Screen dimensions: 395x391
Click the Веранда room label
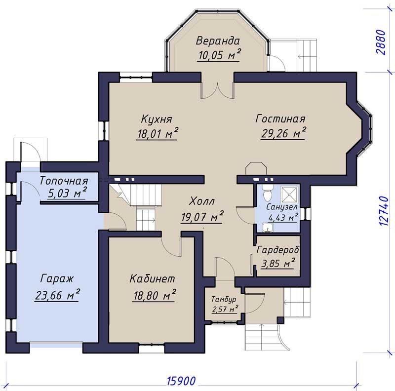[218, 41]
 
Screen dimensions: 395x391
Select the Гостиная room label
[280, 118]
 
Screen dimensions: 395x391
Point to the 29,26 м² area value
[283, 133]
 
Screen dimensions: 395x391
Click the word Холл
[202, 201]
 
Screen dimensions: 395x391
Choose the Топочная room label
[64, 181]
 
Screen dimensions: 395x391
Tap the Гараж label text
[57, 279]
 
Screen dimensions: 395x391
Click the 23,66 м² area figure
[57, 295]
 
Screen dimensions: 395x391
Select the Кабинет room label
[152, 278]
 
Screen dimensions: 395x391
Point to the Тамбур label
[224, 299]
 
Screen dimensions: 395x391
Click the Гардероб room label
[278, 250]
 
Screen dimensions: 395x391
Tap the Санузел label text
[282, 207]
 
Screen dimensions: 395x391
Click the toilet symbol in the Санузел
[267, 193]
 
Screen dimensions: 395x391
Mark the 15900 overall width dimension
[181, 381]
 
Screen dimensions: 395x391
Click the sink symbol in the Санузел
[266, 227]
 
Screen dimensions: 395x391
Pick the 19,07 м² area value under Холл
[202, 216]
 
